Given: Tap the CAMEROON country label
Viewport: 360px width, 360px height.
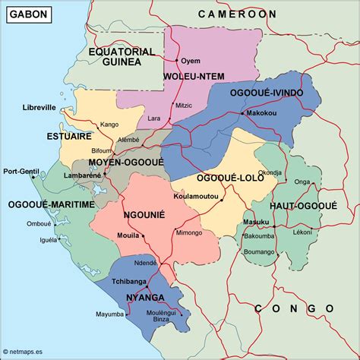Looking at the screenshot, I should pyautogui.click(x=237, y=14).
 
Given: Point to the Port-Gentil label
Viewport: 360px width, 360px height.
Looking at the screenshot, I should pyautogui.click(x=21, y=171).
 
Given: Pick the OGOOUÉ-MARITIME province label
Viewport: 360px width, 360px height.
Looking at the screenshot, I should pyautogui.click(x=51, y=204).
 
